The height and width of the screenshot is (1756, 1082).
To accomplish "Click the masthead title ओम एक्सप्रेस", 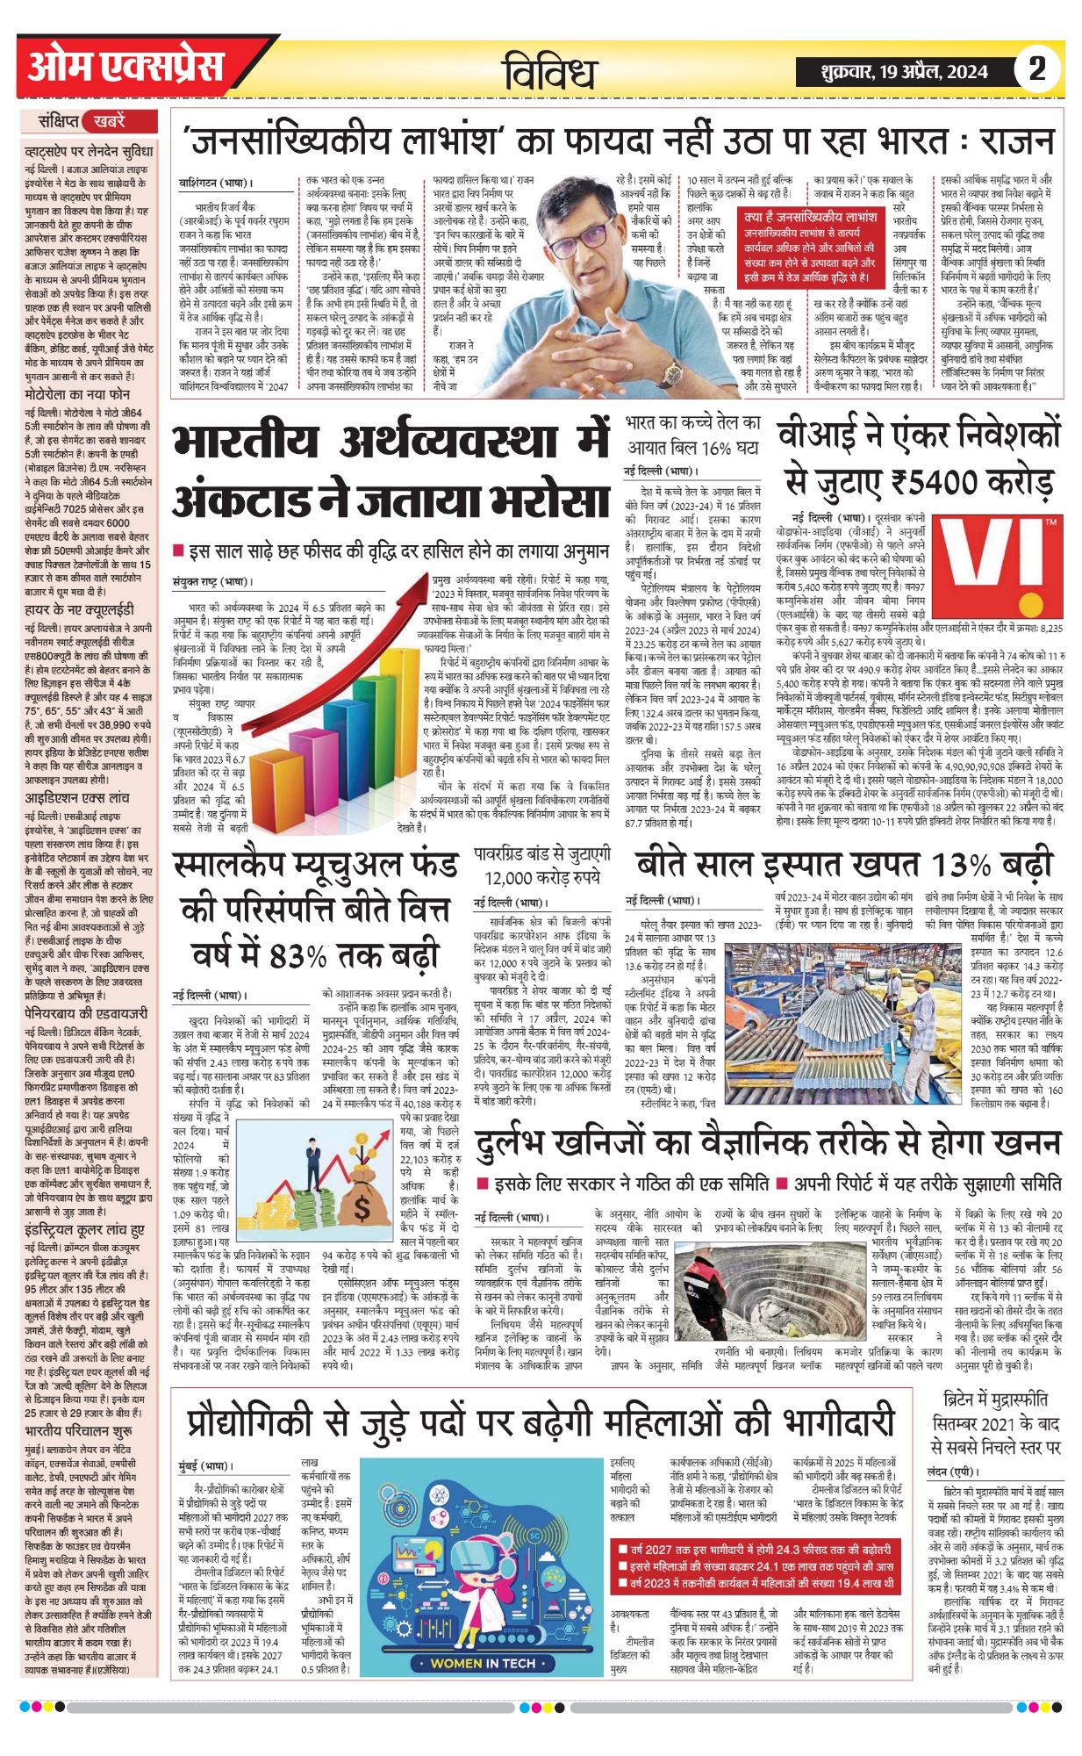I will coord(125,67).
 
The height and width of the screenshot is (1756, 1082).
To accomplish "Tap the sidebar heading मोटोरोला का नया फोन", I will coord(77,395).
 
